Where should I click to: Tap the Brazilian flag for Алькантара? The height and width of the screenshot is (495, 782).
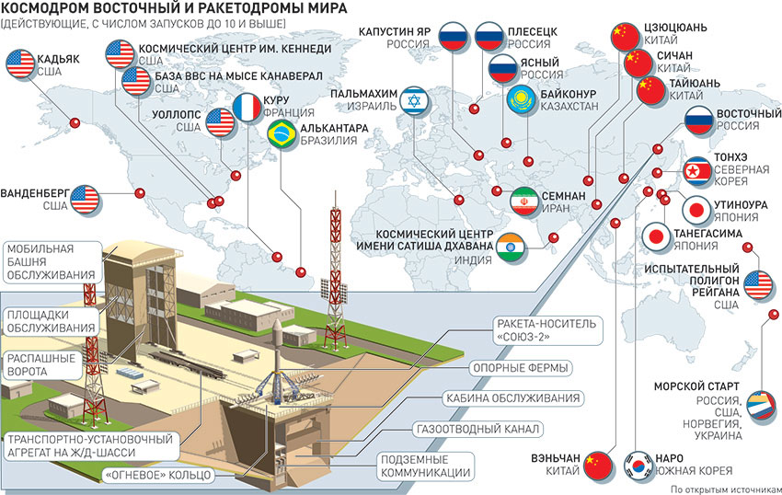click(279, 135)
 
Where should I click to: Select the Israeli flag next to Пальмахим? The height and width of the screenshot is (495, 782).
click(413, 99)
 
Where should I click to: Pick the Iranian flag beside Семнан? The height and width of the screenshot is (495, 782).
click(525, 201)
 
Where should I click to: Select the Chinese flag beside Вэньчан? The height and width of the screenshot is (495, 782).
click(599, 463)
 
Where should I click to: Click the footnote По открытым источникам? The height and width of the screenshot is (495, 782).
click(725, 489)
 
